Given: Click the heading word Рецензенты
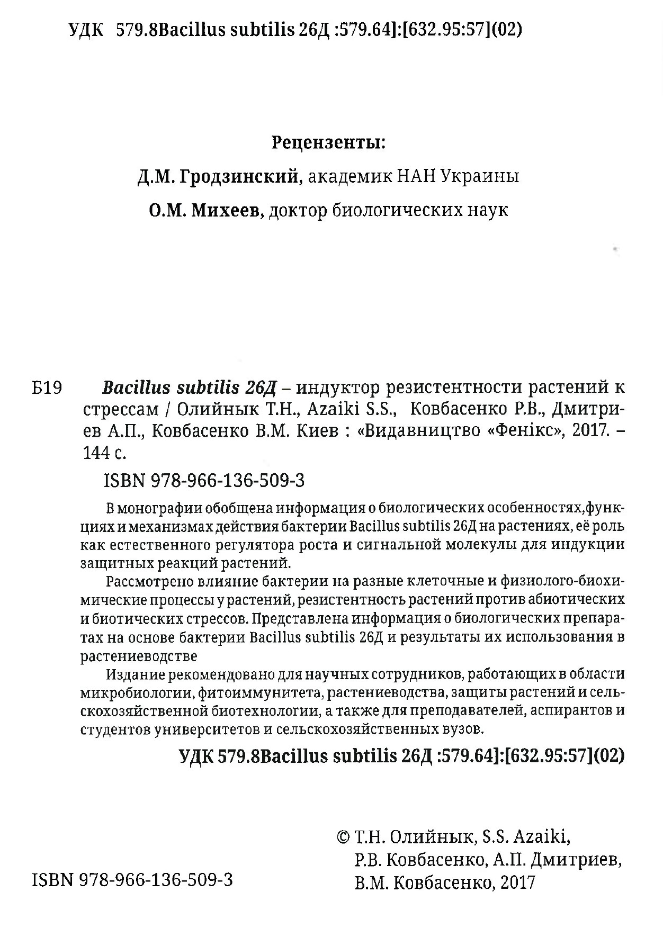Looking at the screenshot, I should click(328, 143).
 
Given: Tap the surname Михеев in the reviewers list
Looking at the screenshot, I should click(227, 211).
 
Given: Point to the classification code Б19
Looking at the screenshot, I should click(47, 389).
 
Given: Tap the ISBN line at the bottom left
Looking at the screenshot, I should click(132, 880).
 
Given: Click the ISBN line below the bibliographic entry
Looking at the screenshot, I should click(204, 481).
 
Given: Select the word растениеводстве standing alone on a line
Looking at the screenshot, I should click(139, 656).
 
